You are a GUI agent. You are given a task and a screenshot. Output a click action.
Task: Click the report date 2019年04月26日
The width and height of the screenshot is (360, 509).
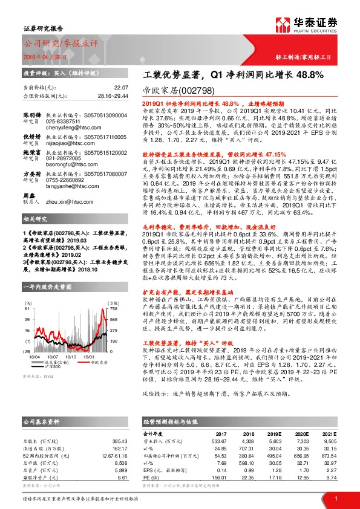[41, 56]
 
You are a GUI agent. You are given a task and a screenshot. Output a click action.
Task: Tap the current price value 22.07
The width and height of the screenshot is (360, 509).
[122, 87]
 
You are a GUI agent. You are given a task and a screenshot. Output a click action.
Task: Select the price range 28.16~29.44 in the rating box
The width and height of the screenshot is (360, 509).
[113, 96]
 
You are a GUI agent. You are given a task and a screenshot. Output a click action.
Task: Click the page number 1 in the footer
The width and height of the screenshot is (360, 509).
[335, 498]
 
